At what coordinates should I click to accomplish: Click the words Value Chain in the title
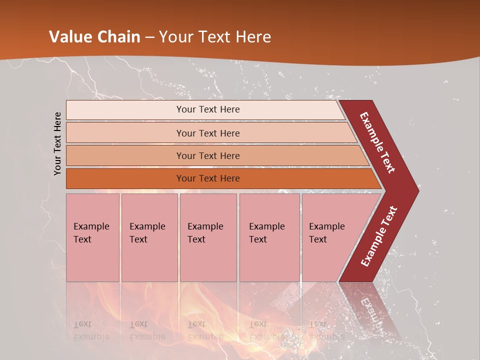point(95,37)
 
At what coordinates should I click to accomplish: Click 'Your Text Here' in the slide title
point(215,37)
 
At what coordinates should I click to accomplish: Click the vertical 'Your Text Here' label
point(57,143)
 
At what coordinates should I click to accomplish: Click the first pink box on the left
point(92,237)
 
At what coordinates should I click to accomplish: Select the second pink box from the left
point(149,237)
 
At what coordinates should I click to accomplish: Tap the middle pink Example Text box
point(208,237)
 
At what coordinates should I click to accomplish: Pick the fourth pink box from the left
point(269,237)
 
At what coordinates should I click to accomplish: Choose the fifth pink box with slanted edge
point(332,237)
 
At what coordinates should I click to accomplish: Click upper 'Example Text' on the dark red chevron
point(377,142)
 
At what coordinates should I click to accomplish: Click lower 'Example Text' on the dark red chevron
point(379,236)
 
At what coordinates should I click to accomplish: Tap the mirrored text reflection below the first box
point(91,330)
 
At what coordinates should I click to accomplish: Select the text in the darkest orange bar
point(208,178)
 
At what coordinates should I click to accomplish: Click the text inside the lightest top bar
point(208,109)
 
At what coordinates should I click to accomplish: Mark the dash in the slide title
point(149,37)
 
